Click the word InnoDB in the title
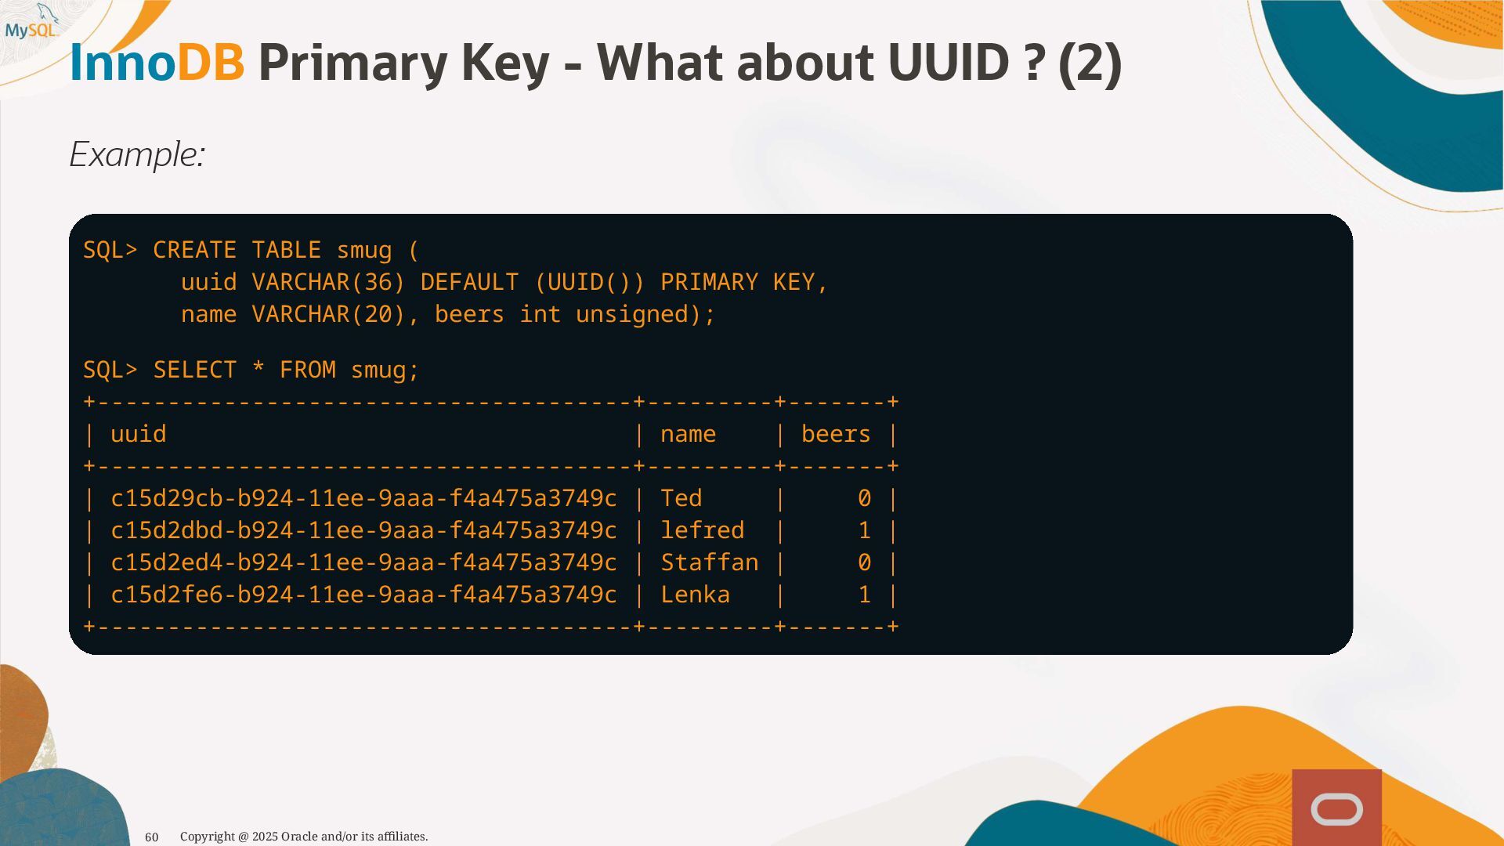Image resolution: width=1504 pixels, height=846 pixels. pyautogui.click(x=157, y=63)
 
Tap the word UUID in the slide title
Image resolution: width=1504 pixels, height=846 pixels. pyautogui.click(x=948, y=63)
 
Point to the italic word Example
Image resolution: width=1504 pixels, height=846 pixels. pyautogui.click(x=137, y=154)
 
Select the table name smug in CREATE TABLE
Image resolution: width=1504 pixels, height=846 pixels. pyautogui.click(x=364, y=251)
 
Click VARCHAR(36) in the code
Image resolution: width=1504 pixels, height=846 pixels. pyautogui.click(x=328, y=283)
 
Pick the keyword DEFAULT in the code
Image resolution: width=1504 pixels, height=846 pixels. pyautogui.click(x=469, y=283)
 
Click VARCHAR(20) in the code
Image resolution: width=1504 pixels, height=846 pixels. pyautogui.click(x=328, y=315)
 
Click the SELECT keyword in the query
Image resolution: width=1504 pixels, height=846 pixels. pyautogui.click(x=194, y=371)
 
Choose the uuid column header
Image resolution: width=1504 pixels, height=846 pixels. pyautogui.click(x=139, y=435)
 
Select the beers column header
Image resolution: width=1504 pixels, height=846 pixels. pyautogui.click(x=836, y=435)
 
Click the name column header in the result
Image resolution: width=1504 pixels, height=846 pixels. pyautogui.click(x=688, y=435)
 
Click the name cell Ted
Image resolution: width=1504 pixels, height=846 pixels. pyautogui.click(x=681, y=499)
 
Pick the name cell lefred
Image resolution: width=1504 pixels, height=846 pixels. pyautogui.click(x=702, y=531)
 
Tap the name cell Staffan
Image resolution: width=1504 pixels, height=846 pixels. pyautogui.click(x=709, y=563)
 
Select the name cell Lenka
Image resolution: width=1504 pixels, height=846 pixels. pyautogui.click(x=695, y=595)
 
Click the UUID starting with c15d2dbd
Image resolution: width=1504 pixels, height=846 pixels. pyautogui.click(x=363, y=531)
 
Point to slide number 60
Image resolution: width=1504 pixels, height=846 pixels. pyautogui.click(x=152, y=837)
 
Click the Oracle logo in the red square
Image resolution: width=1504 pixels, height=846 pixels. pyautogui.click(x=1336, y=809)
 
